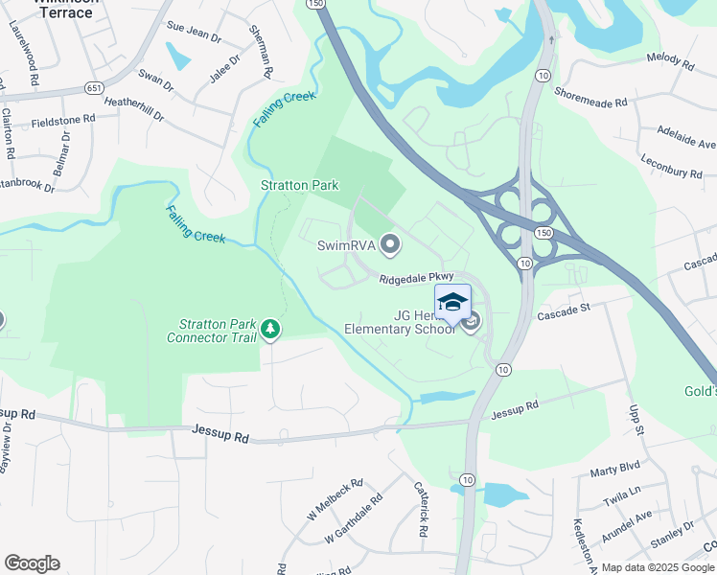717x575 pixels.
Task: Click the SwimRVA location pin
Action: click(389, 245)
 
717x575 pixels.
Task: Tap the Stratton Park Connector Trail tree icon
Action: click(270, 330)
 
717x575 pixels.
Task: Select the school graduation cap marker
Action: click(452, 302)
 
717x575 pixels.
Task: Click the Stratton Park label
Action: click(299, 185)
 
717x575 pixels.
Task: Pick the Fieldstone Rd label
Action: click(63, 120)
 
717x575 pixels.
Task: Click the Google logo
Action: click(32, 563)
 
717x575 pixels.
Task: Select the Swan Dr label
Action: click(155, 79)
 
